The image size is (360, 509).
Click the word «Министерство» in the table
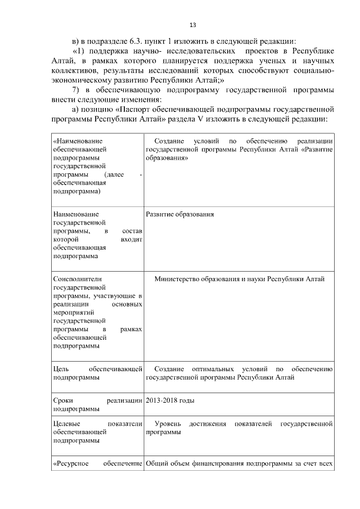178,279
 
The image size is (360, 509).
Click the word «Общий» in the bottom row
156,464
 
